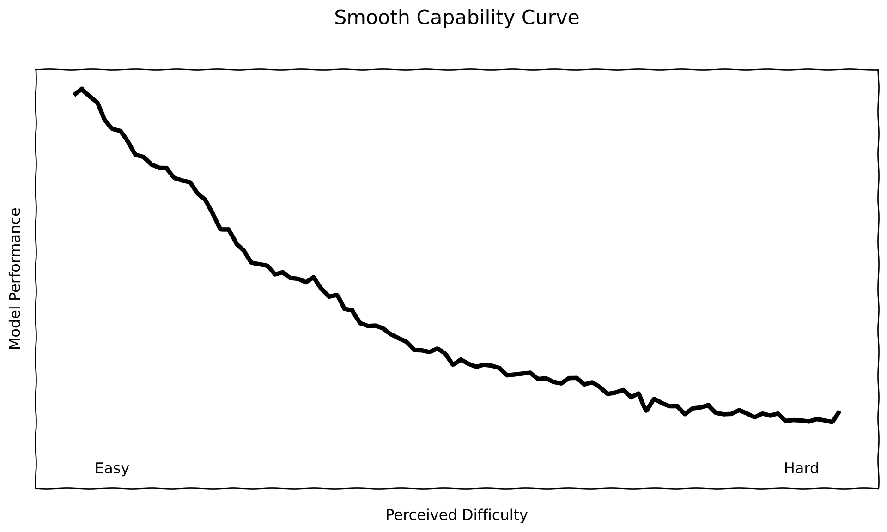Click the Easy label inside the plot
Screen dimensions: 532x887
point(112,469)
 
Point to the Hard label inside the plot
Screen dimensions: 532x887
point(801,469)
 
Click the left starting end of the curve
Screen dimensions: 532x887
point(74,95)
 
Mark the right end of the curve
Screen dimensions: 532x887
point(839,411)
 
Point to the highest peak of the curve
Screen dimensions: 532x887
point(82,89)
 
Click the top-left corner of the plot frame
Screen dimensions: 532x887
point(36,70)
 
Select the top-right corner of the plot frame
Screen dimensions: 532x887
point(878,70)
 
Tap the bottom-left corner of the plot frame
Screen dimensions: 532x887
point(36,488)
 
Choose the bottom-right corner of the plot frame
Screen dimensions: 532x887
point(878,488)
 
